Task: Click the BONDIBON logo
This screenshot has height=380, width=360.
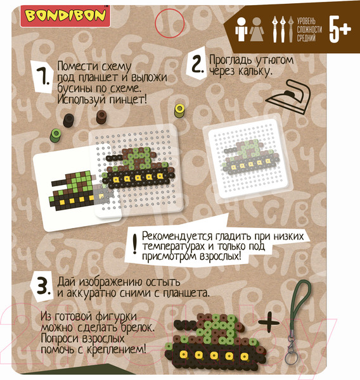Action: click(65, 16)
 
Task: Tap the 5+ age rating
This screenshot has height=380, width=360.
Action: click(340, 30)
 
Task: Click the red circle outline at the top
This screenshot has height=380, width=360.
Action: click(170, 23)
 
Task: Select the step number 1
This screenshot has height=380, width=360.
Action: click(44, 77)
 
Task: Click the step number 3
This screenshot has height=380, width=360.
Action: click(43, 286)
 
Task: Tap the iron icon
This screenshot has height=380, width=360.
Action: click(288, 98)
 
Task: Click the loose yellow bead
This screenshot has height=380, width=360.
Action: click(179, 111)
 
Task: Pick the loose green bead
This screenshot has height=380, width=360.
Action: click(56, 136)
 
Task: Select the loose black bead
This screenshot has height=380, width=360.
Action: click(68, 120)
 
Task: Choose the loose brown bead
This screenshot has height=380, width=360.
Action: click(101, 117)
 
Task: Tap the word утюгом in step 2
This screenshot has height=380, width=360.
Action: click(275, 60)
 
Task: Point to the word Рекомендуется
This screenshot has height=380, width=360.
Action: click(177, 236)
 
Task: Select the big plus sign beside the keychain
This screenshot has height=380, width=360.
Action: click(269, 322)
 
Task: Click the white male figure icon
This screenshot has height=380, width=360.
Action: click(241, 29)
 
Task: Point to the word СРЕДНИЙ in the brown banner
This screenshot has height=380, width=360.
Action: click(306, 38)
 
